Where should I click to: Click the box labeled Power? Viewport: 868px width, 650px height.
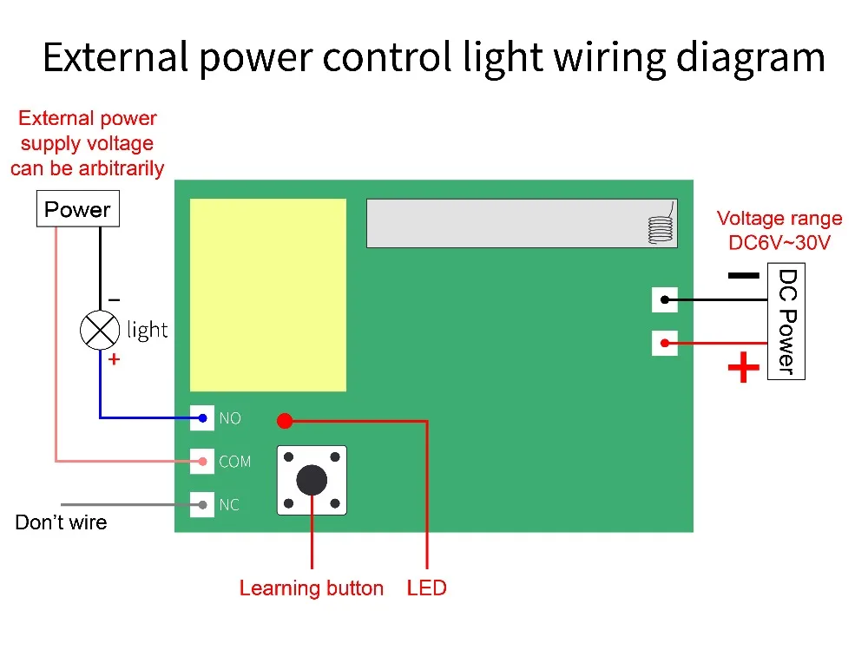[77, 209]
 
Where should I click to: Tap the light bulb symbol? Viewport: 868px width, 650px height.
[99, 329]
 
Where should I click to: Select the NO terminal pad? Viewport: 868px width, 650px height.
[202, 418]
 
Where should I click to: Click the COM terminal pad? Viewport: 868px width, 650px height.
[202, 461]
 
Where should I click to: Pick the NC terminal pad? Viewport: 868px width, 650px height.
[202, 503]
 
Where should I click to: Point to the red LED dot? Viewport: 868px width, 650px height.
[284, 422]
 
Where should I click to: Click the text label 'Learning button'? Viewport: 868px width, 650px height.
[311, 588]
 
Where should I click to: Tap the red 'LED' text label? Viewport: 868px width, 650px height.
[426, 588]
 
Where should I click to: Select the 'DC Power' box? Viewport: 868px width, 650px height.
[786, 322]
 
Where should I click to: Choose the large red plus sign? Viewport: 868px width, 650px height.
[743, 368]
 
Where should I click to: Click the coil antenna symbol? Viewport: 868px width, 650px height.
[661, 227]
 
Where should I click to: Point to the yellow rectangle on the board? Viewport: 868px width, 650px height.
[267, 294]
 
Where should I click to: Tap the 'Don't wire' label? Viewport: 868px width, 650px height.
[61, 522]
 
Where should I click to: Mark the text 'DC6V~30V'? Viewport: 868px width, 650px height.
[779, 243]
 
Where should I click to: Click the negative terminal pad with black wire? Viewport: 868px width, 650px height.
[664, 300]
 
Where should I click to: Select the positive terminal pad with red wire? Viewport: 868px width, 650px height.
[664, 343]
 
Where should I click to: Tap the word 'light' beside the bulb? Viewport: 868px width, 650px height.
[148, 330]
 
